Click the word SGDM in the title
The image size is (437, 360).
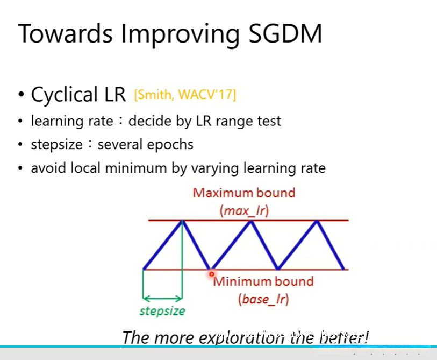(x=285, y=33)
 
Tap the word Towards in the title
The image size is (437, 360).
(x=65, y=33)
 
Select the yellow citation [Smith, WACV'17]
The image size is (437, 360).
(x=185, y=95)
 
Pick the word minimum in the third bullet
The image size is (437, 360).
(x=136, y=168)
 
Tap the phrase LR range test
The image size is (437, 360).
(x=239, y=122)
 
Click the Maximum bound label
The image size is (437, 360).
(x=244, y=193)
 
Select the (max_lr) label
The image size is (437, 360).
(x=244, y=211)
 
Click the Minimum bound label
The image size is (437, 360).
(x=263, y=281)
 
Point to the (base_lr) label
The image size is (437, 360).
(x=263, y=299)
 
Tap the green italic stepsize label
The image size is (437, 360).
(x=162, y=311)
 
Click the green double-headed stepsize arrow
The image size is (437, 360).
(x=162, y=299)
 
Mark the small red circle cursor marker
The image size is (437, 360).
(x=212, y=274)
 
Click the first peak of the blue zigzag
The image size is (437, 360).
(x=182, y=221)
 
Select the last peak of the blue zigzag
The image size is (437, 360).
(x=317, y=221)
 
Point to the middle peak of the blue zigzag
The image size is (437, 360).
(x=251, y=221)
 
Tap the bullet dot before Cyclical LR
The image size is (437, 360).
(x=20, y=95)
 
